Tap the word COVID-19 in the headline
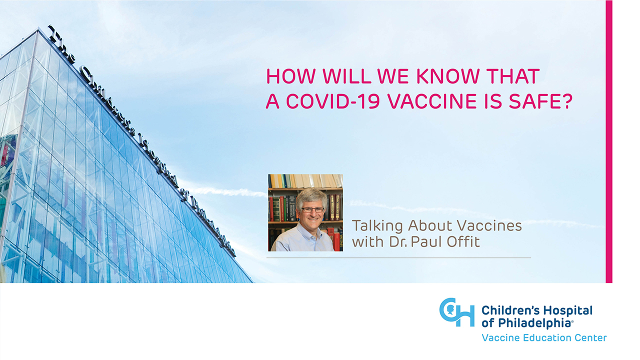coord(333,101)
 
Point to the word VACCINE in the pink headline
coord(432,101)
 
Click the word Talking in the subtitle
coord(377,226)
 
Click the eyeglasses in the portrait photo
coord(312,209)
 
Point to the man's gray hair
coord(311,196)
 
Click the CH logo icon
coord(456,312)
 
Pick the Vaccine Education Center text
coord(544,337)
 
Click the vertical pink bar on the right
coord(609,141)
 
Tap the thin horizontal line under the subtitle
coord(398,257)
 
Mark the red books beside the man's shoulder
coord(336,239)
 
